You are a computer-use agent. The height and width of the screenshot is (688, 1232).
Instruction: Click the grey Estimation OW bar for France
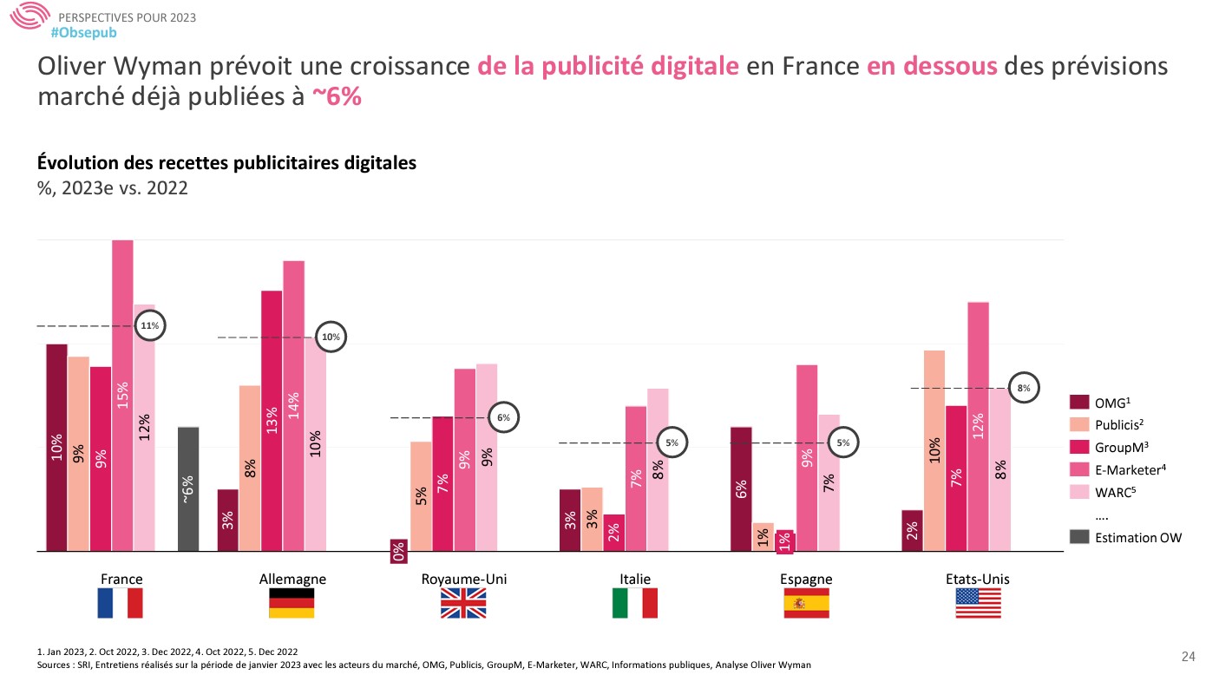pyautogui.click(x=188, y=488)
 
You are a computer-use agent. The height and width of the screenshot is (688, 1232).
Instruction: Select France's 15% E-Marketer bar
pyautogui.click(x=122, y=395)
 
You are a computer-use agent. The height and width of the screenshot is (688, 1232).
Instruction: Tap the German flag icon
pyautogui.click(x=292, y=603)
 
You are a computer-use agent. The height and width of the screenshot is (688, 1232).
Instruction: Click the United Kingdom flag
pyautogui.click(x=463, y=603)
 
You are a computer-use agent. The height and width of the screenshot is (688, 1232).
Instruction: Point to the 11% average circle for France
pyautogui.click(x=149, y=326)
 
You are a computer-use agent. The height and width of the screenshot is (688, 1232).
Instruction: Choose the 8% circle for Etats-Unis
pyautogui.click(x=1025, y=389)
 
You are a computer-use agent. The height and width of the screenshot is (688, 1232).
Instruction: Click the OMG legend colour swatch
pyautogui.click(x=1078, y=403)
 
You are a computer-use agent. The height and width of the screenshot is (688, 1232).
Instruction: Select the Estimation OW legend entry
pyautogui.click(x=1137, y=538)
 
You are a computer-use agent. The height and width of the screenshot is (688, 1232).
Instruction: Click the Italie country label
pyautogui.click(x=634, y=580)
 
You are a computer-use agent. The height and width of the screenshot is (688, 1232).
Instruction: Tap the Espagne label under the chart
pyautogui.click(x=806, y=580)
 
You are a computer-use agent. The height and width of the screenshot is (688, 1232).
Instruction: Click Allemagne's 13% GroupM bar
pyautogui.click(x=272, y=421)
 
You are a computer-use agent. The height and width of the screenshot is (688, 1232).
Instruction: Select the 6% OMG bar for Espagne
pyautogui.click(x=741, y=488)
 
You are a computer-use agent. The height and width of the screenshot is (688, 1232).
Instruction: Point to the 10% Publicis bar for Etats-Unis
pyautogui.click(x=934, y=450)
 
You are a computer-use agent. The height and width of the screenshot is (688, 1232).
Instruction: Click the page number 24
pyautogui.click(x=1189, y=657)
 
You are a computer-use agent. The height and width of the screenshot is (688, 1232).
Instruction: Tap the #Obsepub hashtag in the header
pyautogui.click(x=83, y=32)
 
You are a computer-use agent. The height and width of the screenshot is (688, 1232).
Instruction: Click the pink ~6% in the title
pyautogui.click(x=337, y=97)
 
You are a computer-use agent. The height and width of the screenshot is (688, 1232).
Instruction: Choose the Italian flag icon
pyautogui.click(x=634, y=603)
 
